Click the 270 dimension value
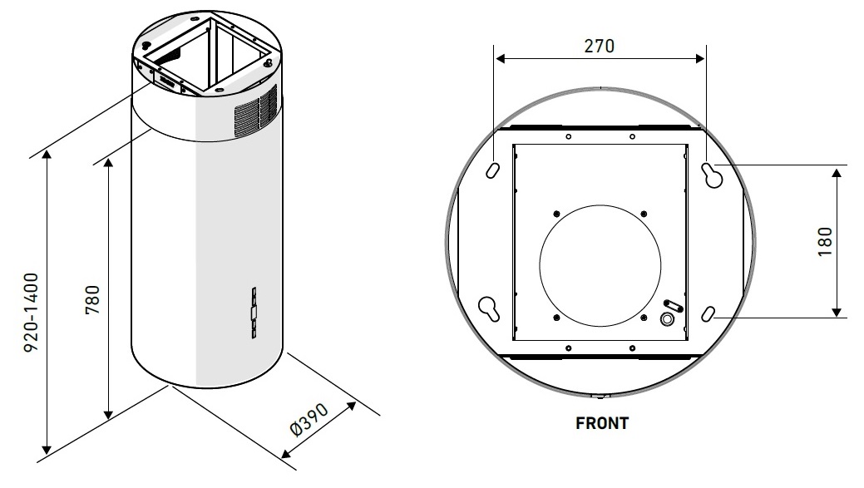pyautogui.click(x=599, y=46)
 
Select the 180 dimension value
pyautogui.click(x=825, y=241)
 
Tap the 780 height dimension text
pyautogui.click(x=93, y=299)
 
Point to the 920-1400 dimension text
pyautogui.click(x=32, y=313)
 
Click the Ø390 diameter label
pyautogui.click(x=309, y=419)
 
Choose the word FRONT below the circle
pyautogui.click(x=602, y=423)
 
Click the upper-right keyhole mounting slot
pyautogui.click(x=712, y=175)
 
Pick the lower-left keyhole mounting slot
pyautogui.click(x=489, y=308)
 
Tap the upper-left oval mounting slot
pyautogui.click(x=492, y=170)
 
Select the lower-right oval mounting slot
pyautogui.click(x=708, y=314)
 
